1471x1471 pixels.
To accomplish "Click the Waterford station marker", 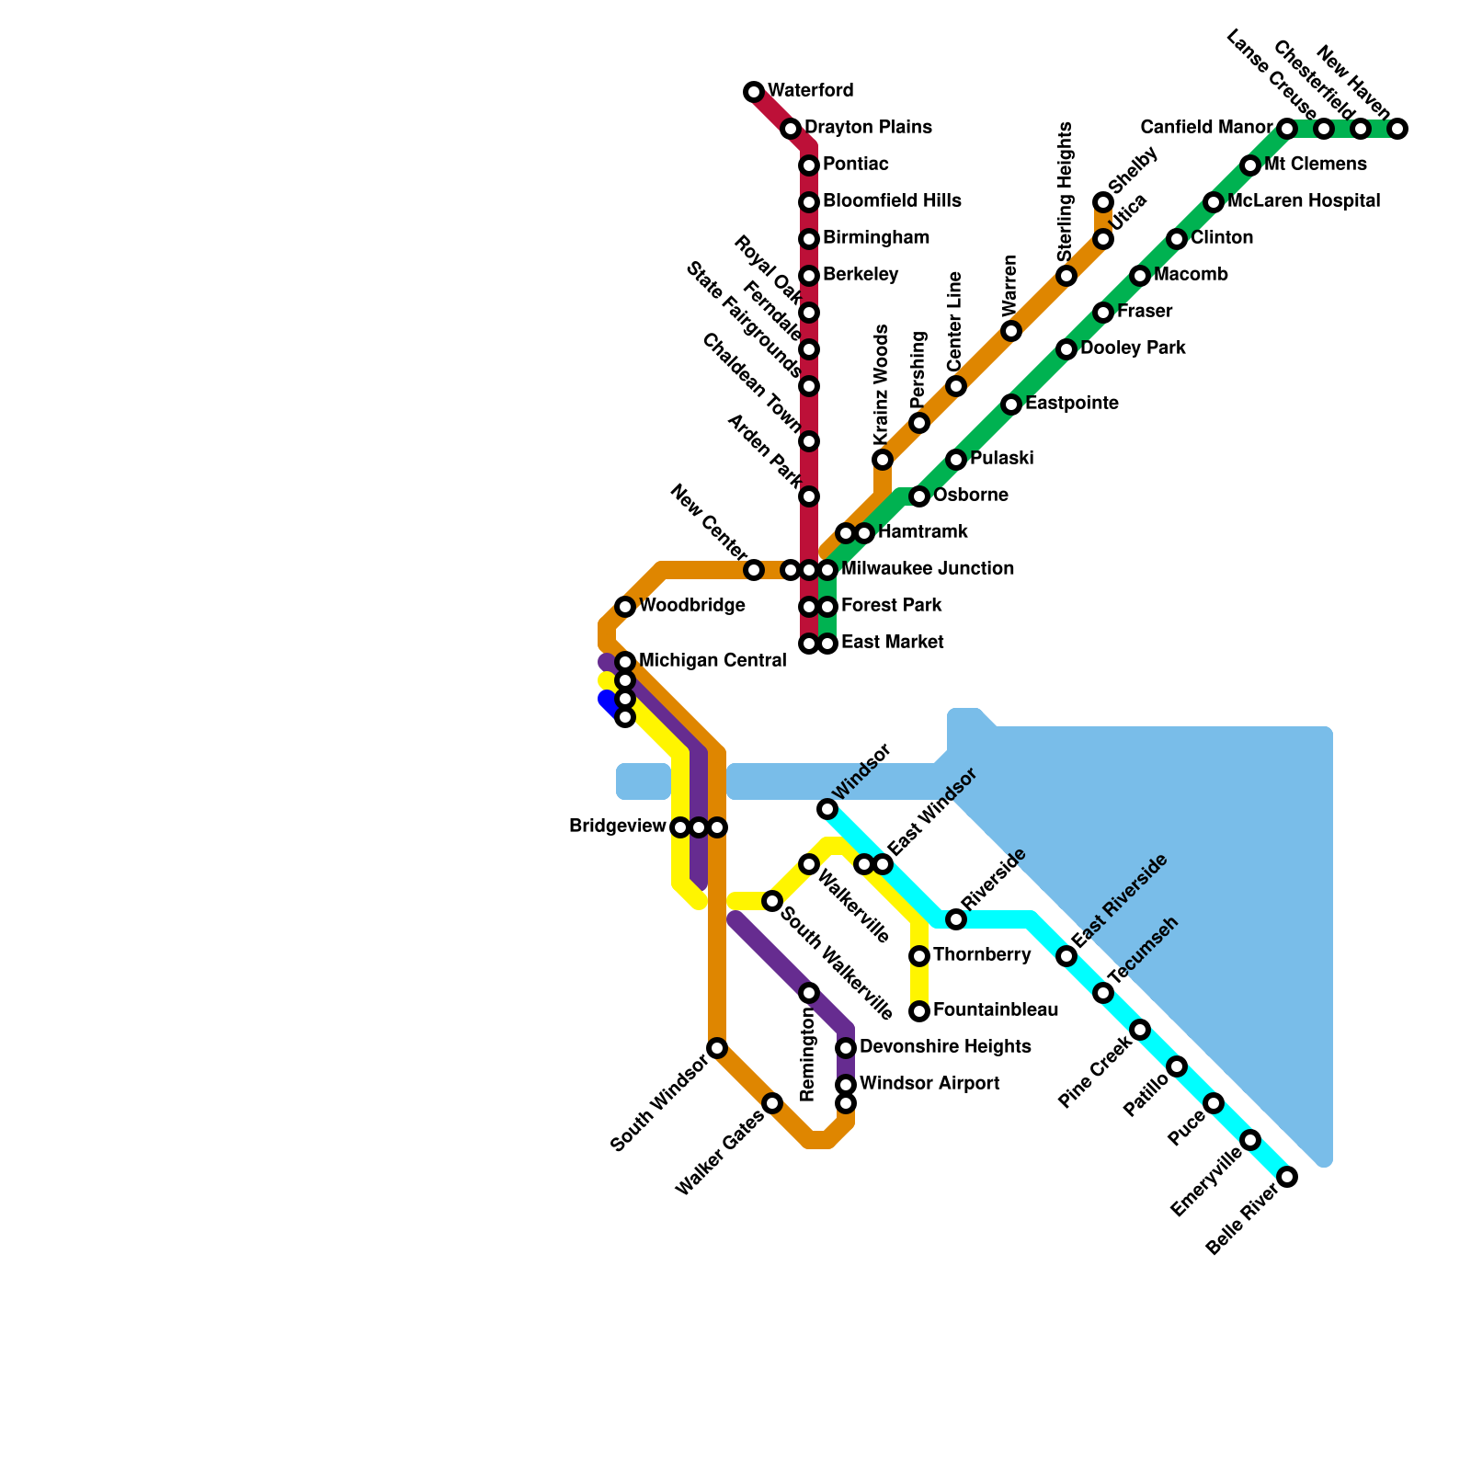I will tap(754, 92).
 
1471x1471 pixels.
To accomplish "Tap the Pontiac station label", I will tap(855, 165).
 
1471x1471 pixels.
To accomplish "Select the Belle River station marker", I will tap(1287, 1177).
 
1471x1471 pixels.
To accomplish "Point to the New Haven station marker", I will tap(1397, 129).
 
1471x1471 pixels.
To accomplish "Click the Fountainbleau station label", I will tap(995, 1010).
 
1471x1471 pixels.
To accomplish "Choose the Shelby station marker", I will tap(1103, 202).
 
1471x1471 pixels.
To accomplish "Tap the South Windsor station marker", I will tap(717, 1048).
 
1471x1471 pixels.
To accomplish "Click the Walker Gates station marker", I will tap(772, 1103).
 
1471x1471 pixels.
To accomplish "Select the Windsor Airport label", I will tap(929, 1084).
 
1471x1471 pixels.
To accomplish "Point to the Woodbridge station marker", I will tap(625, 607).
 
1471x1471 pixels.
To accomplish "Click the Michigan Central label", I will tap(712, 661).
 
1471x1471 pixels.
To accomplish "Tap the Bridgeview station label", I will tap(617, 827).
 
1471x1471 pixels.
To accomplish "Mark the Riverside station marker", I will tap(956, 919).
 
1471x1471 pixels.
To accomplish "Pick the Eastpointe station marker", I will tap(1011, 405).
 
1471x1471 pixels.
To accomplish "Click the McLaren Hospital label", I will tap(1303, 201).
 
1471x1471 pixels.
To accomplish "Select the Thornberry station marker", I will tap(919, 956).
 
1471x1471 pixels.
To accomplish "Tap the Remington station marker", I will tap(809, 993).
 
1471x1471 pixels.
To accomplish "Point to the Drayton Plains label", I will tap(868, 128).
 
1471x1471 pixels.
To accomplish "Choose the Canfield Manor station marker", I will tap(1287, 129).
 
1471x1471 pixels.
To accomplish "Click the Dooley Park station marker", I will tap(1066, 349).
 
